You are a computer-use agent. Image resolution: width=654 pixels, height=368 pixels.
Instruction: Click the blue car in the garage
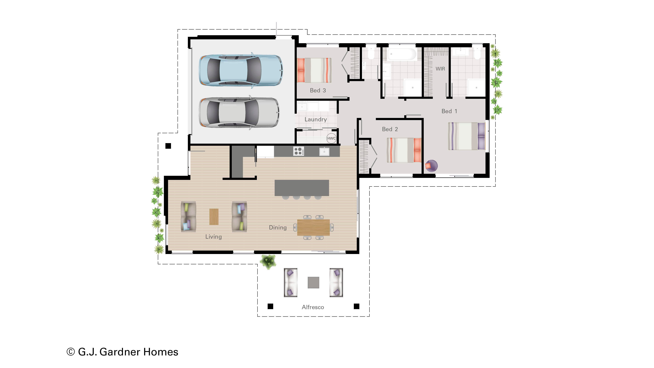[x=241, y=70]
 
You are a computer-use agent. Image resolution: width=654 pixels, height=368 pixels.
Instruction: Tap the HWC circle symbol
[x=331, y=138]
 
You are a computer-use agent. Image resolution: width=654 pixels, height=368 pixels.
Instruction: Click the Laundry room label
[x=316, y=120]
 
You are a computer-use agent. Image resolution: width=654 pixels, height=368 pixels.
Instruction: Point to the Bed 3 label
[x=318, y=90]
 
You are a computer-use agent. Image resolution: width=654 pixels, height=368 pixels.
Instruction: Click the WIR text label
[x=440, y=69]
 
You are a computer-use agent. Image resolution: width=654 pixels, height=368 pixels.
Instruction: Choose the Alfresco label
[x=313, y=307]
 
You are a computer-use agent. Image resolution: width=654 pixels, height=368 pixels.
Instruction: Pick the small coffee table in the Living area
[x=214, y=217]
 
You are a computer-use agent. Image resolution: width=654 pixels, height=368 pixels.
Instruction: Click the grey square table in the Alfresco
[x=313, y=282]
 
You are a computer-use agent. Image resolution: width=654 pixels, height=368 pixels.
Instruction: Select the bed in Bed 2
[x=404, y=150]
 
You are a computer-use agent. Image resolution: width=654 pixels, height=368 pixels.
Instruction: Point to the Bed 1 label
[x=449, y=111]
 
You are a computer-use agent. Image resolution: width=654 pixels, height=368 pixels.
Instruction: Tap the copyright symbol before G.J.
[x=71, y=352]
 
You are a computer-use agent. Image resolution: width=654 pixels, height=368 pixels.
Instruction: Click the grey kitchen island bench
[x=302, y=188]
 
